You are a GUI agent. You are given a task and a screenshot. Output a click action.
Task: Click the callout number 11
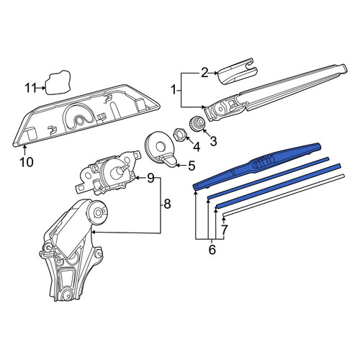click(31, 88)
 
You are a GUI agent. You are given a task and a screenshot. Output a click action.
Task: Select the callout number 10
click(27, 162)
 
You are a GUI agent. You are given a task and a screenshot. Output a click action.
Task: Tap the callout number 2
click(204, 73)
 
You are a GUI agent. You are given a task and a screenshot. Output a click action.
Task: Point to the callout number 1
click(174, 91)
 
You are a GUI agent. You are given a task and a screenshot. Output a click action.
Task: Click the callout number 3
click(213, 141)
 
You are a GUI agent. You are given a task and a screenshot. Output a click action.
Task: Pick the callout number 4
click(197, 147)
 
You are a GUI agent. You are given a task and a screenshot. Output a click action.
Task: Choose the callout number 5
click(192, 166)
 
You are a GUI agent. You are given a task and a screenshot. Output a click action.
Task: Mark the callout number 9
click(150, 178)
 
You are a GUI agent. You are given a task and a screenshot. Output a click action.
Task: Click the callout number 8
click(167, 204)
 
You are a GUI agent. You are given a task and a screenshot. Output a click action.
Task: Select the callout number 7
click(224, 230)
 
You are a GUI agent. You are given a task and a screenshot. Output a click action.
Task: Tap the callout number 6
click(212, 250)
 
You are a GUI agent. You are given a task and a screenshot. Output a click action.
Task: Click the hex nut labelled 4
click(179, 135)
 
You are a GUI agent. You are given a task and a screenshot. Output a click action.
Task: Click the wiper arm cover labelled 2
click(238, 72)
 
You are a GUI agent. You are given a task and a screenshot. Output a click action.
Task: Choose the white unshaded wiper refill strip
click(283, 196)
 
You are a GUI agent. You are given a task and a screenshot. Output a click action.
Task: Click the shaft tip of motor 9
click(126, 166)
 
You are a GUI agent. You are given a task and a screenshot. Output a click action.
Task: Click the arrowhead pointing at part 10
click(25, 147)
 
